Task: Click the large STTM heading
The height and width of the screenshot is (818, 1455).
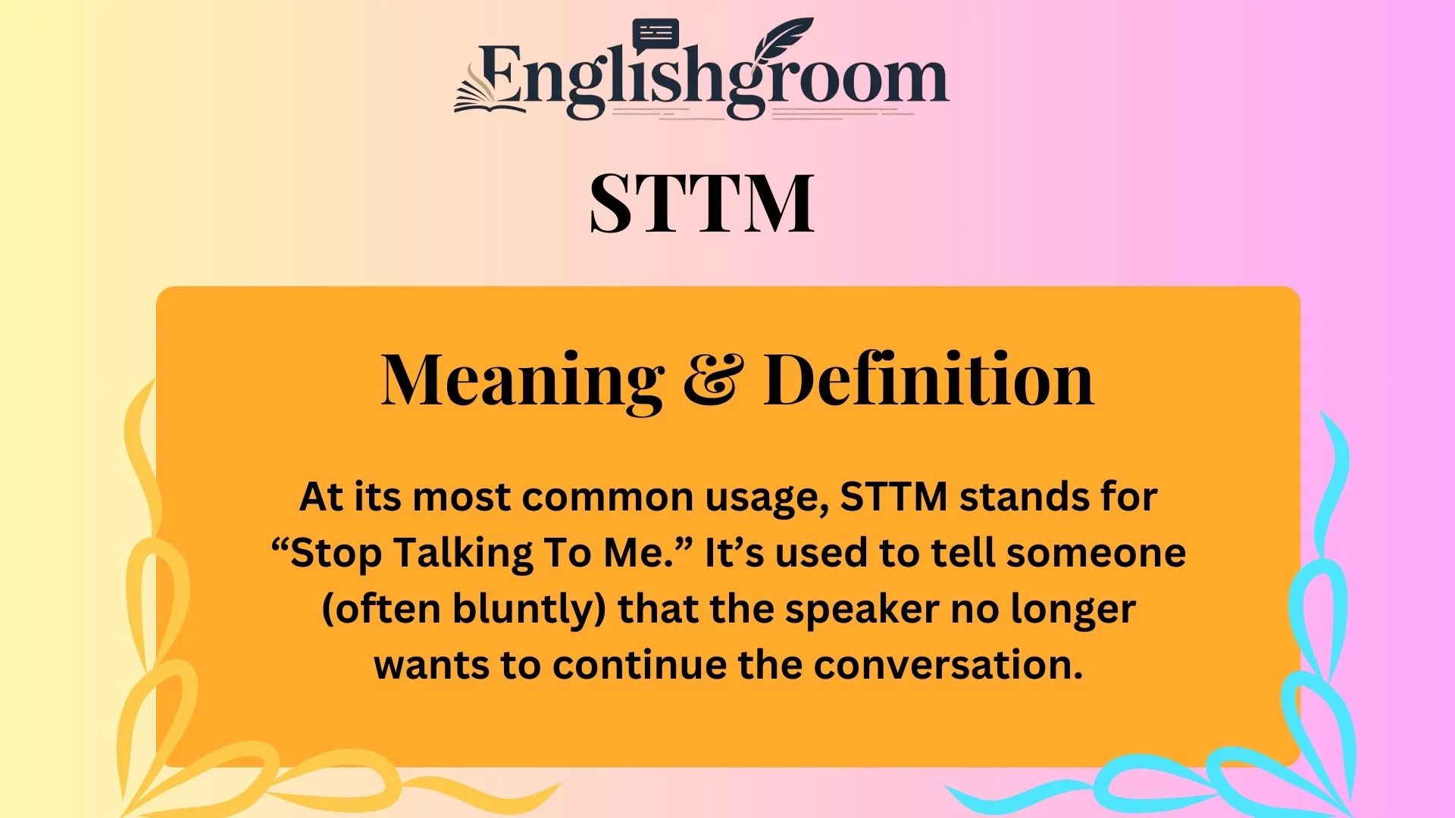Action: tap(702, 203)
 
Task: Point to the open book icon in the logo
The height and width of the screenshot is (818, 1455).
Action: tap(485, 95)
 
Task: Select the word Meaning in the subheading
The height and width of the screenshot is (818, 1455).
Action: tap(522, 381)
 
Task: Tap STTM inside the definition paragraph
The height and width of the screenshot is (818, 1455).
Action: tap(894, 498)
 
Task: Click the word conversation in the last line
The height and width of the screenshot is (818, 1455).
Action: tap(948, 665)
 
